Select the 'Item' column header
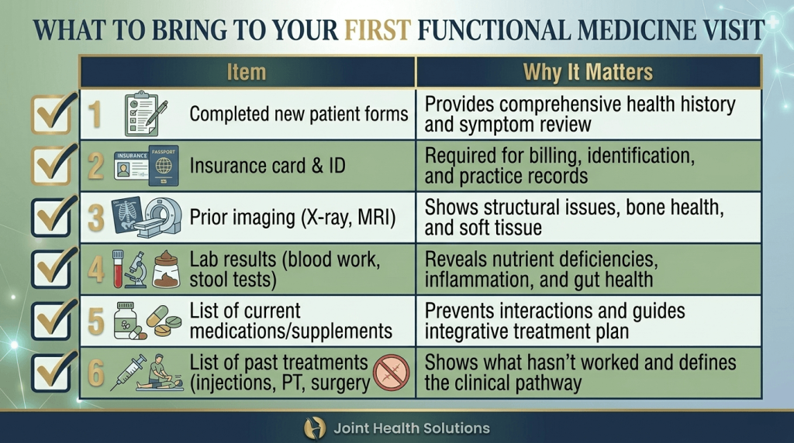(247, 73)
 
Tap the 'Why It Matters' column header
(588, 73)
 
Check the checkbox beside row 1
(53, 115)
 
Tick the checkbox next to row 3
(53, 217)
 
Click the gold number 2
(95, 167)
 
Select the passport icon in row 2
(163, 164)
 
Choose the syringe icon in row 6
(128, 373)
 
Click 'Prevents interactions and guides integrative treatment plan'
(554, 321)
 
